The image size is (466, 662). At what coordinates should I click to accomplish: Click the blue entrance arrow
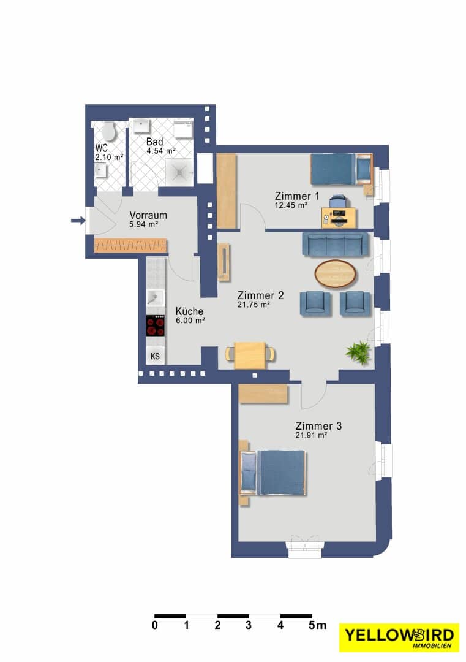click(78, 220)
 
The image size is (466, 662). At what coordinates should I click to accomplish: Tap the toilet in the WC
click(110, 131)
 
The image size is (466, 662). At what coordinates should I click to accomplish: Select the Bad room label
click(155, 142)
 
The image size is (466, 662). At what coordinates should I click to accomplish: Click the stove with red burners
click(155, 326)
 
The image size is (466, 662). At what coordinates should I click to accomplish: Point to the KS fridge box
click(155, 356)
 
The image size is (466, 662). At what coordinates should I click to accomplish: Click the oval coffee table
click(336, 273)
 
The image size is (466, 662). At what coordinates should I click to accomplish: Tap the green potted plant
click(358, 352)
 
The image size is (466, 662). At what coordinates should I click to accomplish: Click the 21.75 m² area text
click(254, 305)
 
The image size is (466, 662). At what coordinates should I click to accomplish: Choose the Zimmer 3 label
click(318, 426)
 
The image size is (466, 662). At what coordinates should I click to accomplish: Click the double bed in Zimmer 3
click(272, 473)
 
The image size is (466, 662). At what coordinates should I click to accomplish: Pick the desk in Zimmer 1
click(339, 218)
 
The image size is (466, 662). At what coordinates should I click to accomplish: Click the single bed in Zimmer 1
click(342, 169)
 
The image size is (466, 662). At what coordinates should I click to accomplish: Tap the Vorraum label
click(148, 215)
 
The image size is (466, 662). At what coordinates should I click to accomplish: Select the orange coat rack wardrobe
click(130, 245)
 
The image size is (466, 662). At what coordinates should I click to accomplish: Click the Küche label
click(189, 311)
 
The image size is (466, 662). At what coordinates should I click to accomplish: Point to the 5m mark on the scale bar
click(317, 625)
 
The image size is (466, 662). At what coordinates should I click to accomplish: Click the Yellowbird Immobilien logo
click(399, 637)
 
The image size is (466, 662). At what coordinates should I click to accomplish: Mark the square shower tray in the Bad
click(180, 172)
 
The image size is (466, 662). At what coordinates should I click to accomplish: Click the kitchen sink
click(155, 299)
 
